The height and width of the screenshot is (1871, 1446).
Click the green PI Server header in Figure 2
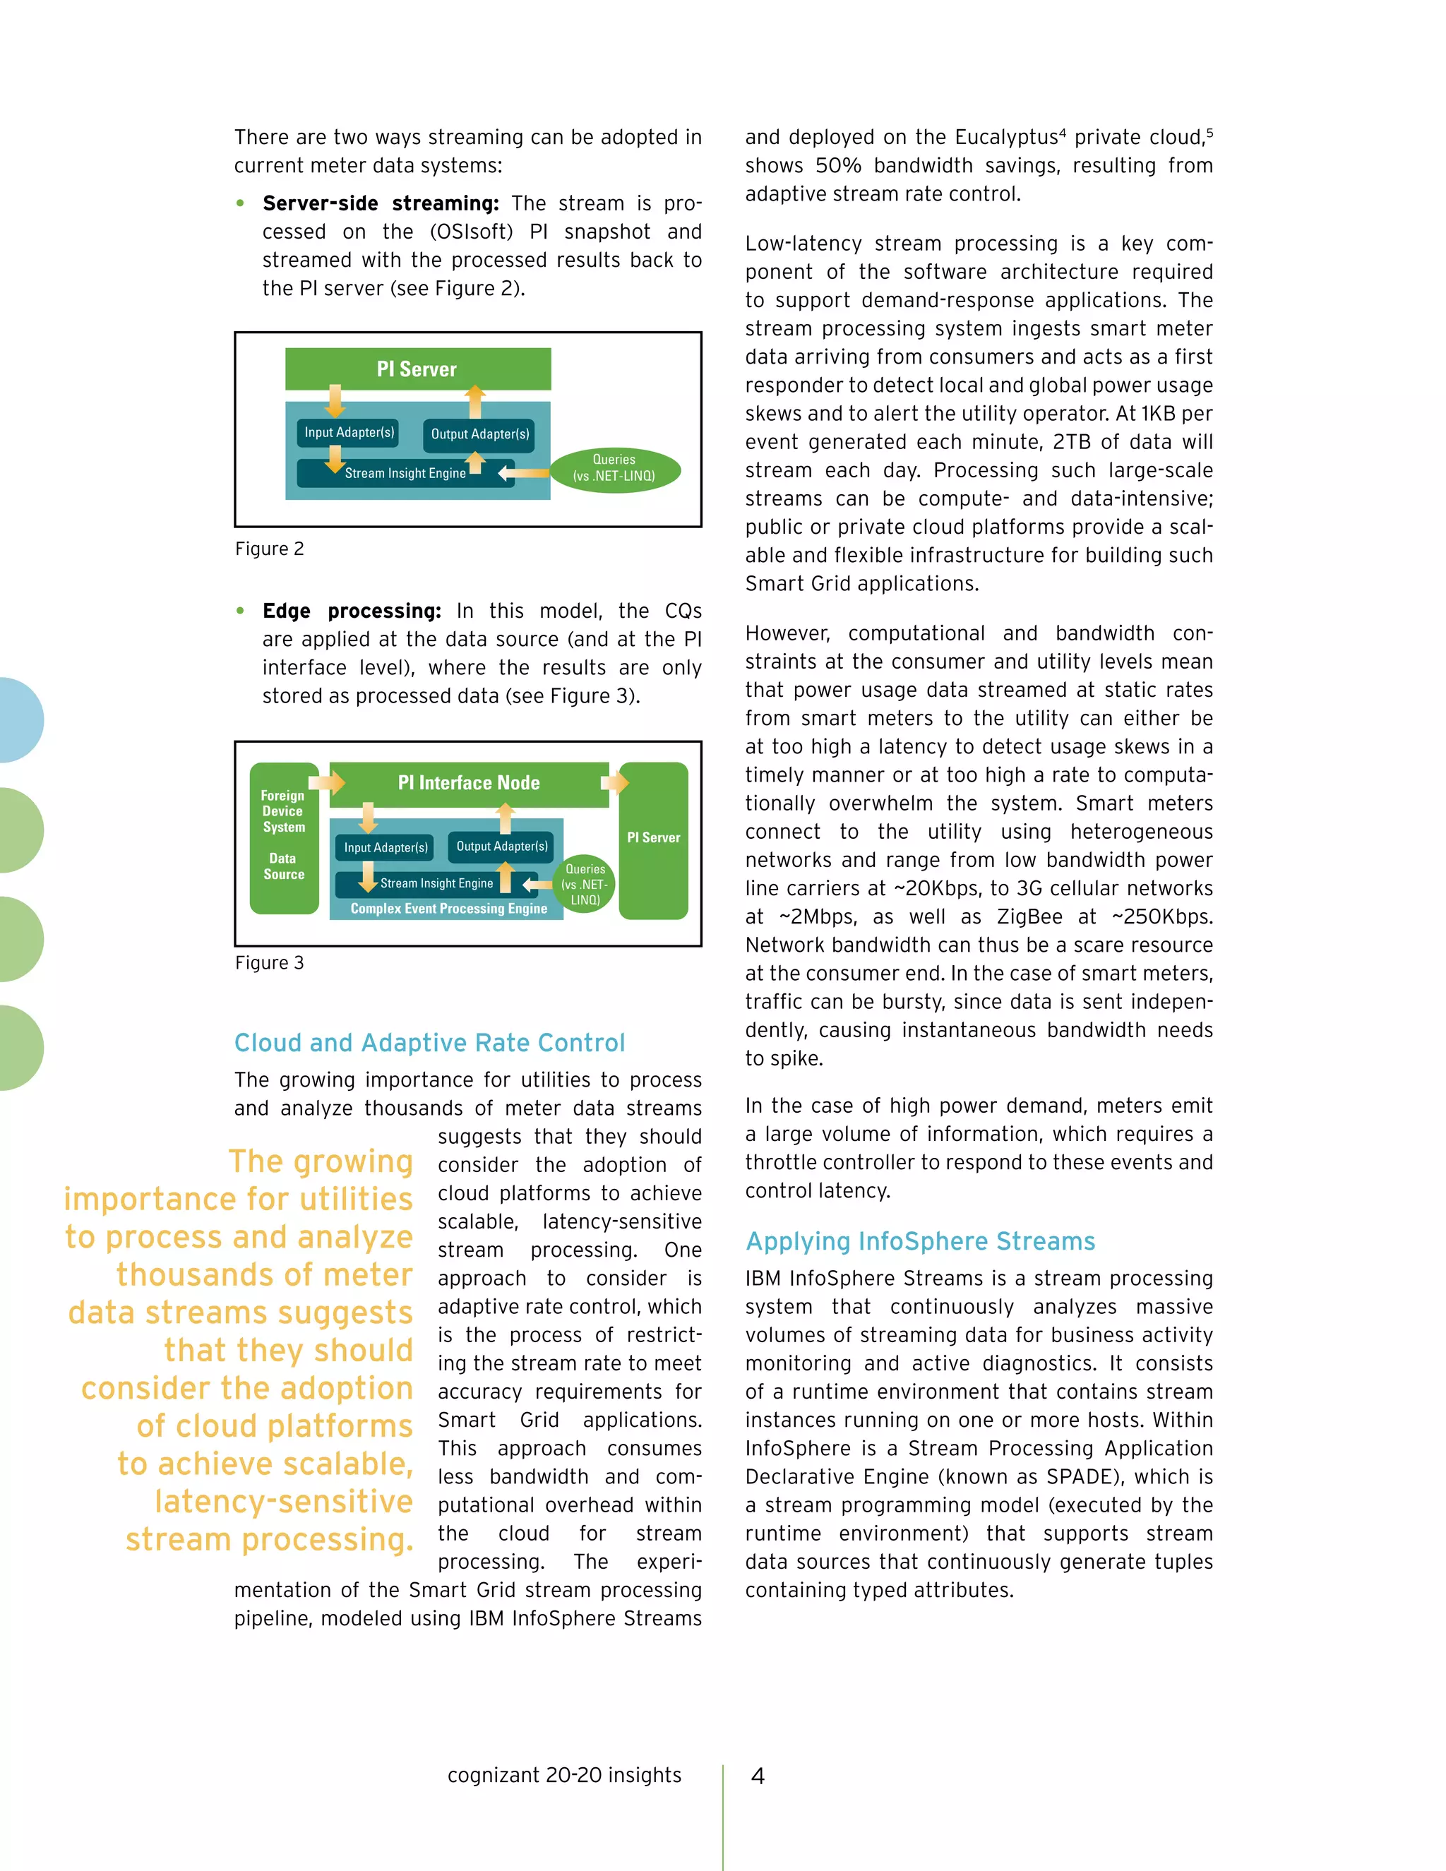(x=417, y=369)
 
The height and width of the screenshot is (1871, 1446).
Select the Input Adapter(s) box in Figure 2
(x=349, y=433)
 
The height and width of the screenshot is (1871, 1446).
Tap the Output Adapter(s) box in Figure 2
(x=479, y=434)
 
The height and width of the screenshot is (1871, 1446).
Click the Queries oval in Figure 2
(x=614, y=467)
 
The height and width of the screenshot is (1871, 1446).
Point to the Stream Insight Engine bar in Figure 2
(x=405, y=473)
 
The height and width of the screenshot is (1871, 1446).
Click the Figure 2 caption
(x=269, y=549)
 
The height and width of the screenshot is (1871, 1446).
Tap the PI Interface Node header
(x=469, y=783)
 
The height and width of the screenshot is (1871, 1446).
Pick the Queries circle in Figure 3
(x=585, y=884)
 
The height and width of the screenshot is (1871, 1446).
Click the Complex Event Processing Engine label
(x=448, y=909)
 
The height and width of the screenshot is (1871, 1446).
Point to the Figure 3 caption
(x=269, y=963)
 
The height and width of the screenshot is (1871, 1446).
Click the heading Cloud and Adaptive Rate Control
(x=429, y=1043)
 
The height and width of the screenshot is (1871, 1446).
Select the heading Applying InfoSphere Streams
(x=920, y=1241)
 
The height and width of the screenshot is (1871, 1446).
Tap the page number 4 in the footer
(x=758, y=1776)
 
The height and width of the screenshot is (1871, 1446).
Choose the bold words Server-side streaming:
(x=381, y=204)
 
